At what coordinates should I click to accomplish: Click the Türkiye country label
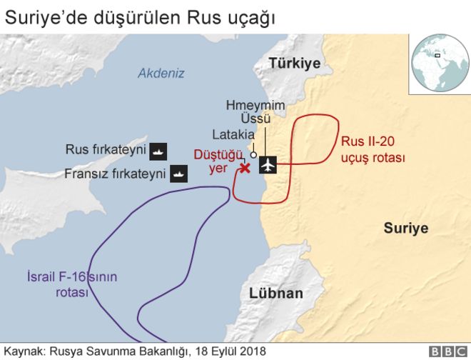click(x=295, y=64)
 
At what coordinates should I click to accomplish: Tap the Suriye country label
click(x=405, y=229)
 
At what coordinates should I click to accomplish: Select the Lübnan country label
click(x=276, y=293)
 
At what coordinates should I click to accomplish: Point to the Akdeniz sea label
click(x=161, y=73)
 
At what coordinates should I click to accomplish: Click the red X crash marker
click(x=244, y=168)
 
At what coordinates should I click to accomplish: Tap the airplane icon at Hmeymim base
click(x=268, y=165)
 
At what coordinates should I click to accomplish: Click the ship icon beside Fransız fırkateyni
click(x=178, y=173)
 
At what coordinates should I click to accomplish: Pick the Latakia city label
click(x=233, y=134)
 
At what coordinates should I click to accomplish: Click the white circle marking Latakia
click(x=253, y=154)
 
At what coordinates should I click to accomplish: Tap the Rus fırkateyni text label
click(x=106, y=150)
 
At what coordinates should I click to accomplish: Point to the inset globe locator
click(x=437, y=63)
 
